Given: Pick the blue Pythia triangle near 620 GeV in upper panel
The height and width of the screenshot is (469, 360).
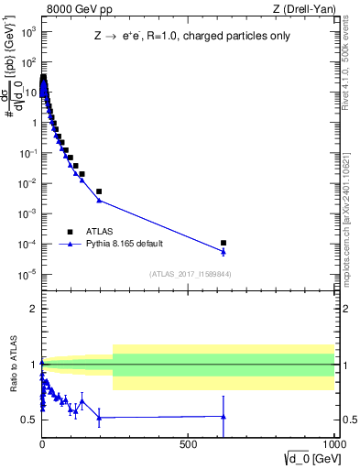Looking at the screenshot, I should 224,252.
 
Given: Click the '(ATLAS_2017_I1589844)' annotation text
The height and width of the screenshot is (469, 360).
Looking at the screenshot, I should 190,274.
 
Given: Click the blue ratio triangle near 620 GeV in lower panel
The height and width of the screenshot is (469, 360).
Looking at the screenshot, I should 224,417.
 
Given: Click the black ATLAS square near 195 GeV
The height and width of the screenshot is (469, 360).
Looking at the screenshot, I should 99,191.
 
